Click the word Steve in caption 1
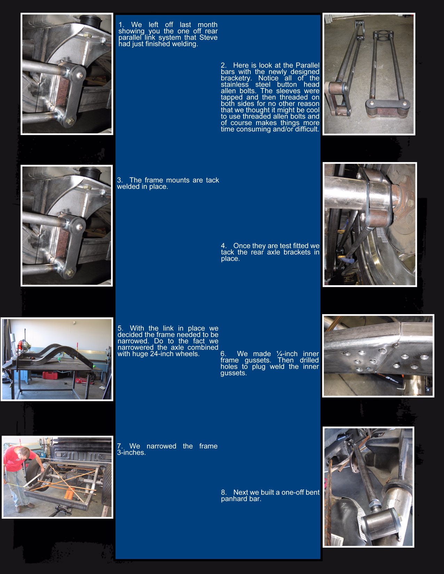tap(208, 38)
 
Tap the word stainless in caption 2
tap(235, 85)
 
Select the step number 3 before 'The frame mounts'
tap(120, 180)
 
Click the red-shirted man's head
tap(25, 453)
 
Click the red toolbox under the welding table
tap(50, 375)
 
